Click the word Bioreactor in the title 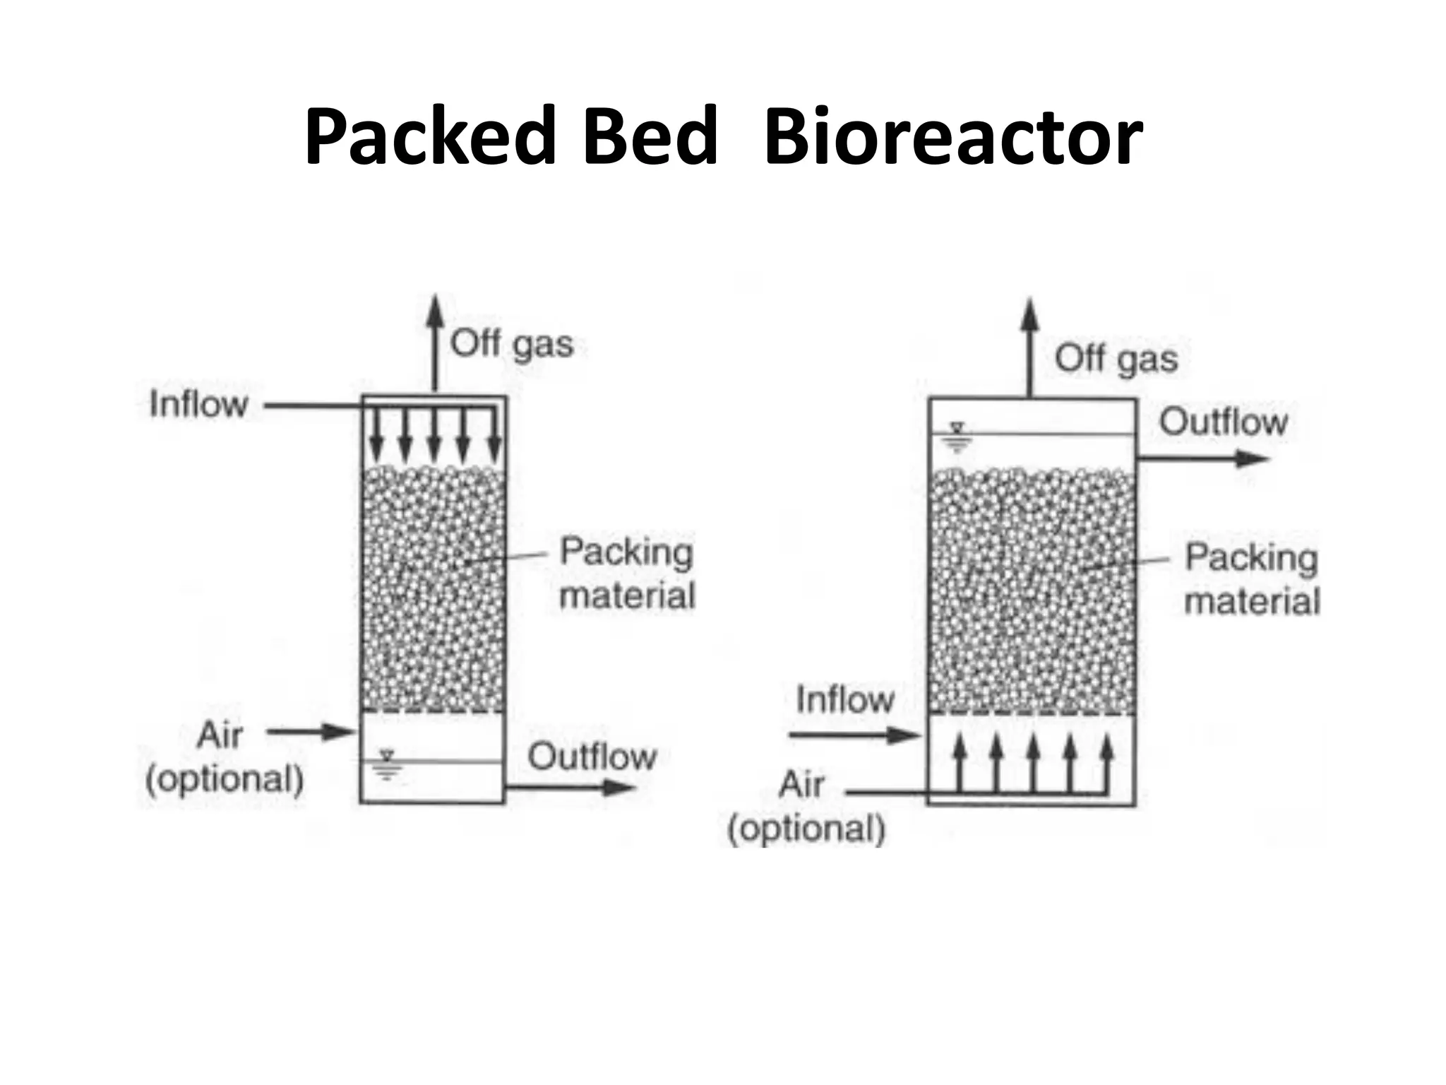[x=953, y=136]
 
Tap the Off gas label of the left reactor [x=512, y=345]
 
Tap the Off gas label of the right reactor [x=1116, y=359]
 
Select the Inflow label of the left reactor [x=198, y=405]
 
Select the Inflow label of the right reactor [x=845, y=700]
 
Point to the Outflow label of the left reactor [x=592, y=757]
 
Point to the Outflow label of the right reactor [x=1224, y=422]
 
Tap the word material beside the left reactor [x=627, y=595]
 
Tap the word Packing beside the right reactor [x=1251, y=557]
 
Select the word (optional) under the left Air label [x=225, y=779]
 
